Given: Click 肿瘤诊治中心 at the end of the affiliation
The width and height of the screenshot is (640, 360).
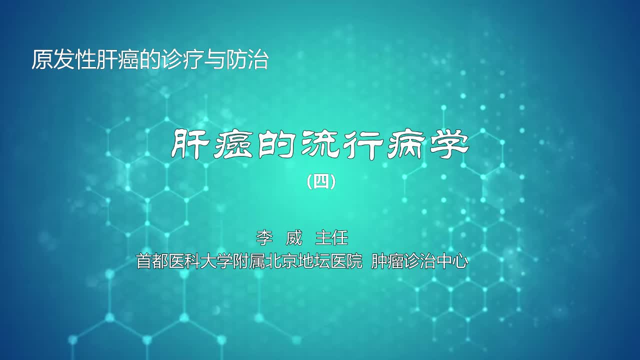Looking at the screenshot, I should (419, 261).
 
